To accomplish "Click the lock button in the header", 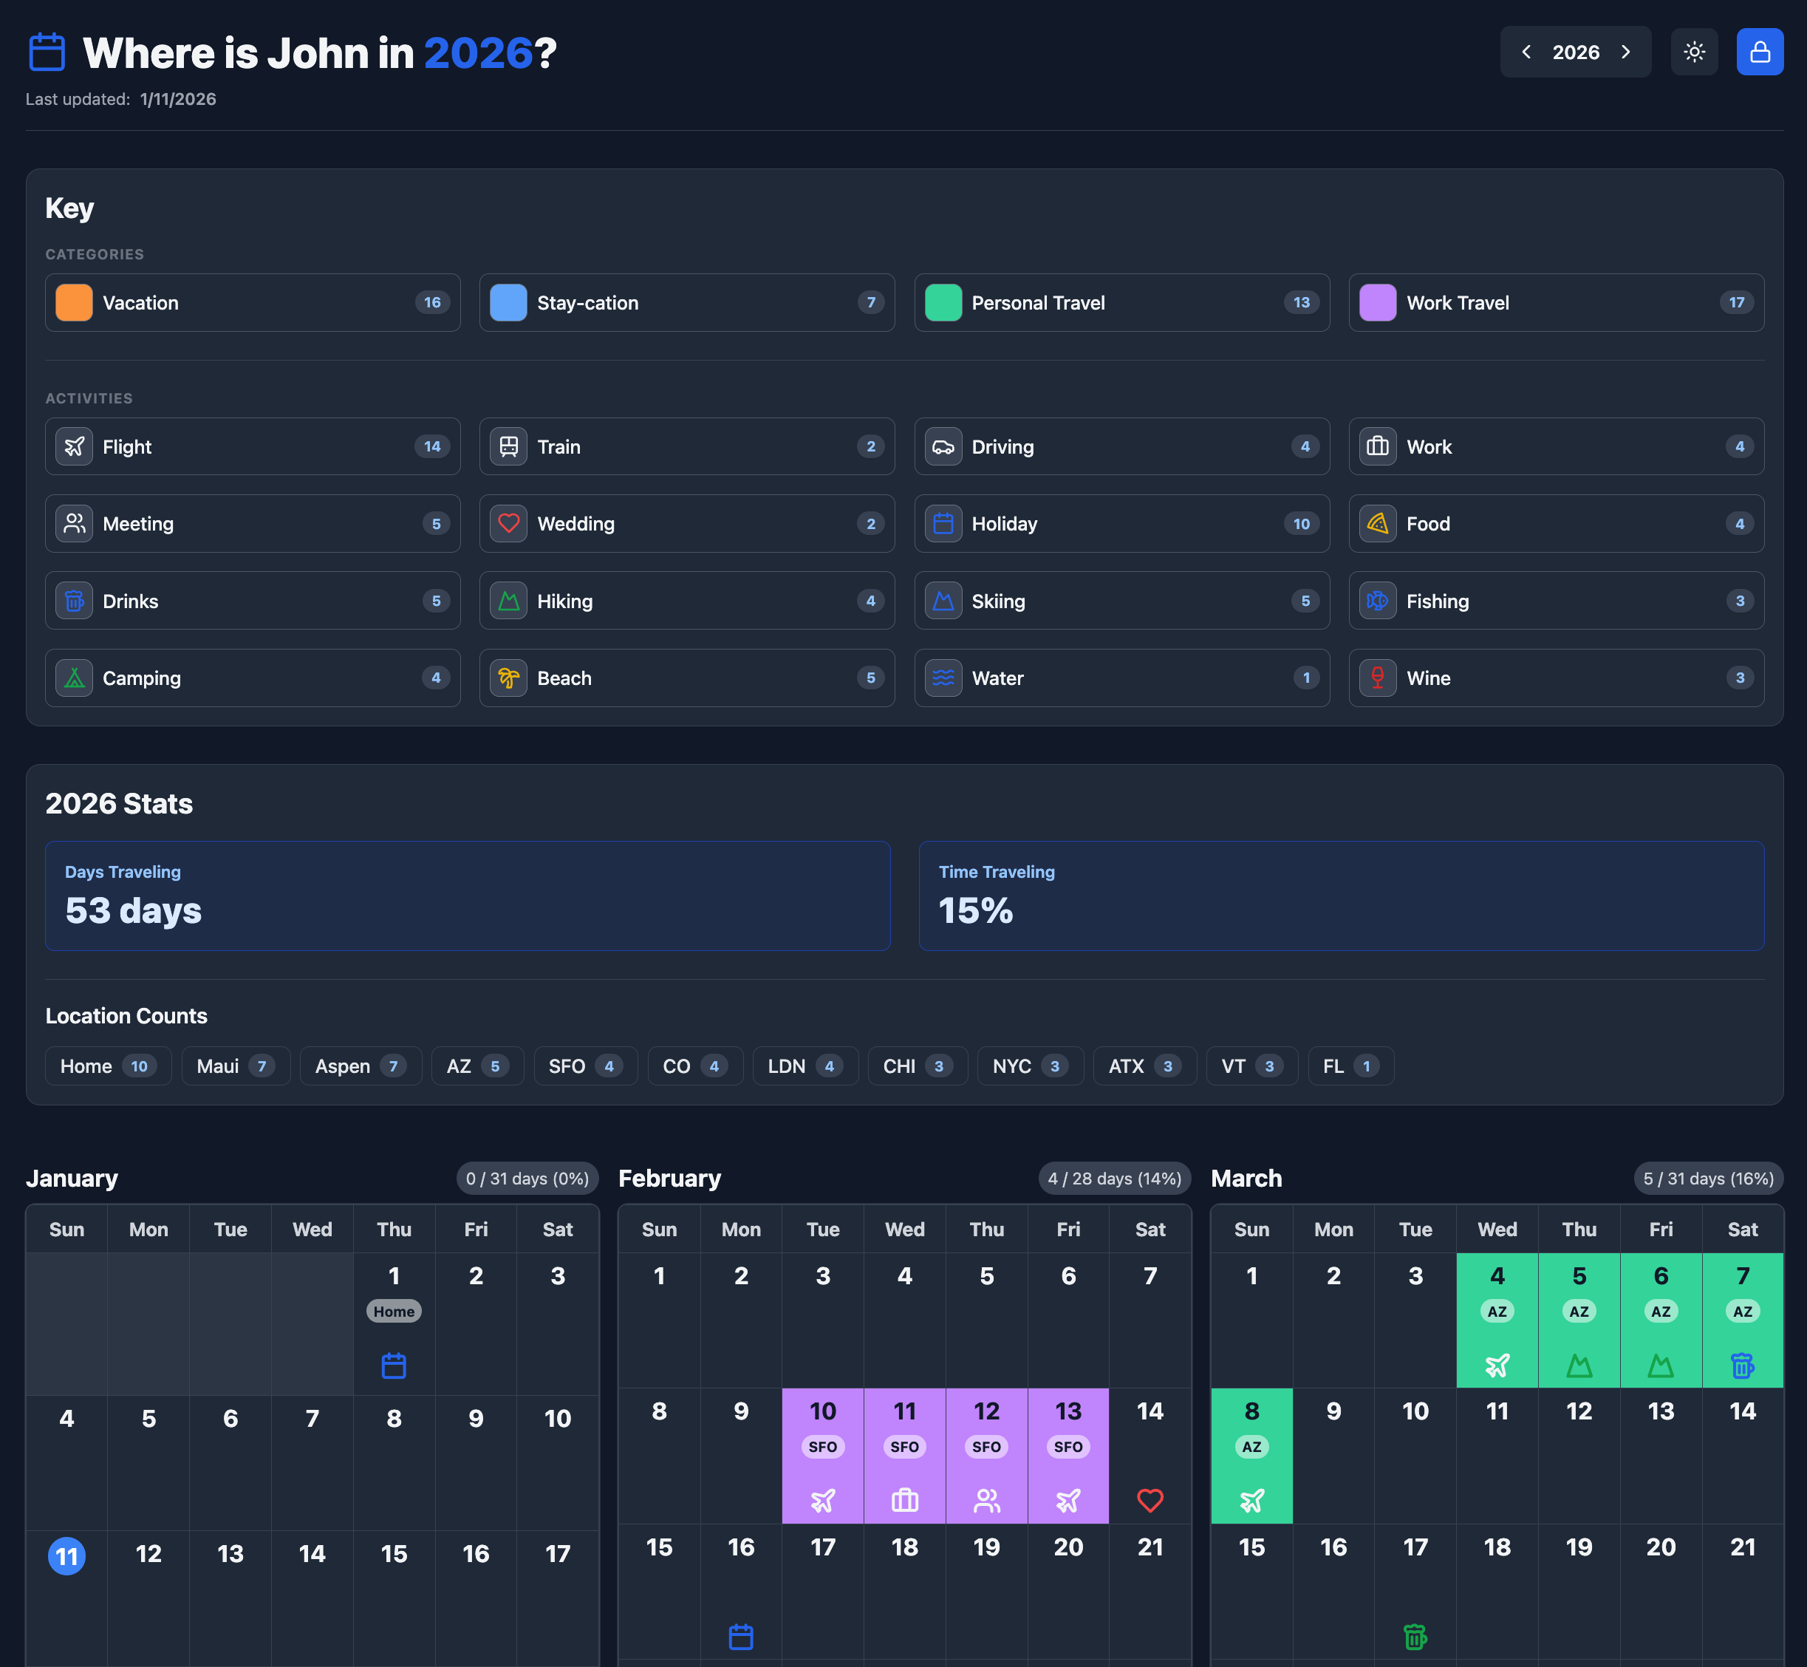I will click(x=1759, y=52).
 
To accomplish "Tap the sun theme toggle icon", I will click(x=1693, y=52).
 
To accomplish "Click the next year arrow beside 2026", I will click(x=1626, y=52).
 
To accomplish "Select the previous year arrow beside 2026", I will click(x=1526, y=52).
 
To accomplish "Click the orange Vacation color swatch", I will click(x=74, y=303).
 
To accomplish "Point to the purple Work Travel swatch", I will click(x=1377, y=303).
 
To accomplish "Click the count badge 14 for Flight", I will click(x=432, y=446).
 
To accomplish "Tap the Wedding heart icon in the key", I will click(x=508, y=523).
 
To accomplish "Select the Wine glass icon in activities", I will click(x=1377, y=678).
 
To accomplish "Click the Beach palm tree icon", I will click(x=508, y=678).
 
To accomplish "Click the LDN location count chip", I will click(x=805, y=1066).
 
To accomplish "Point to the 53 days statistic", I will click(x=134, y=910).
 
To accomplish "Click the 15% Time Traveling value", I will click(x=976, y=910).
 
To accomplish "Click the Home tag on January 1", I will click(x=394, y=1312).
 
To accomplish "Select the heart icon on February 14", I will click(x=1150, y=1500).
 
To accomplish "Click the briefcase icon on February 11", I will click(x=904, y=1500).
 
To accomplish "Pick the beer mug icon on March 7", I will click(x=1742, y=1366).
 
